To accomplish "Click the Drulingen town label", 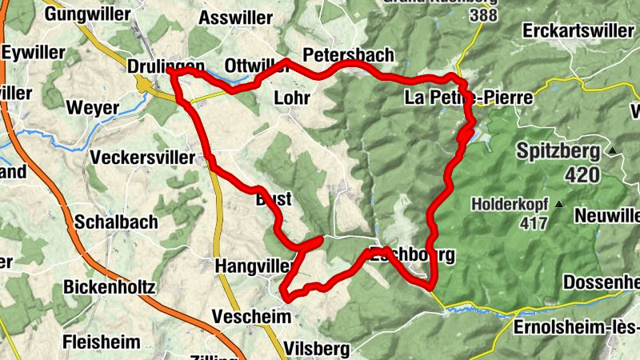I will (166, 67).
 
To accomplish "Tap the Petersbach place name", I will (348, 55).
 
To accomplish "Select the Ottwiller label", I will (256, 65).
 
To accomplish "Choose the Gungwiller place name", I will (86, 14).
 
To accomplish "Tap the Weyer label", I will (93, 108).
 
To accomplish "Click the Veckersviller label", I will (143, 158).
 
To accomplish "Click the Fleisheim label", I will (102, 342).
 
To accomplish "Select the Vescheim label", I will (250, 318).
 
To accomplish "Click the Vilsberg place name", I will (317, 349).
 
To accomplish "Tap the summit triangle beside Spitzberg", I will (613, 150).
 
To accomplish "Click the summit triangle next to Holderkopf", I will (558, 203).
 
